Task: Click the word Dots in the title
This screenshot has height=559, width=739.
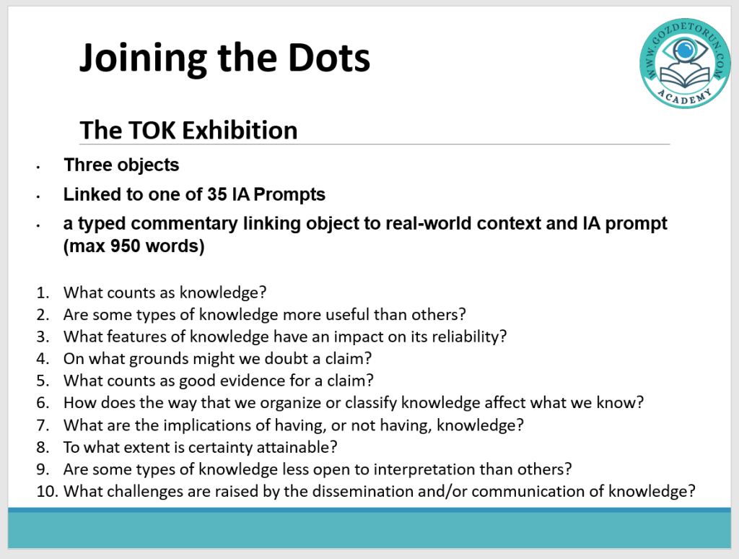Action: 329,58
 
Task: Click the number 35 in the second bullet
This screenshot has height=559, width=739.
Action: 217,194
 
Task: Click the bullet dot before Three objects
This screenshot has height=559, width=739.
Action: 38,167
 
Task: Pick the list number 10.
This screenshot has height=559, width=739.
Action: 47,492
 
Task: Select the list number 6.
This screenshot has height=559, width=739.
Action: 43,403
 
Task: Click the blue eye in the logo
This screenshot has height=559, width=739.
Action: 685,48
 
